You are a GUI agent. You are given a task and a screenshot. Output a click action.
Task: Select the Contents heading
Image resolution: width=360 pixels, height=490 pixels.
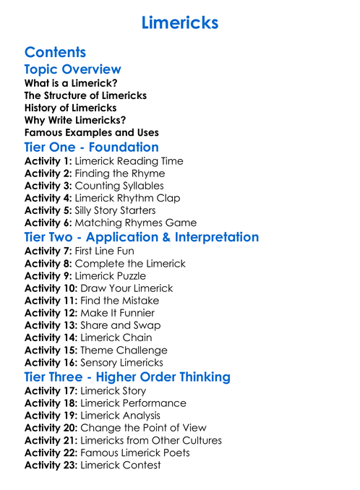pyautogui.click(x=55, y=52)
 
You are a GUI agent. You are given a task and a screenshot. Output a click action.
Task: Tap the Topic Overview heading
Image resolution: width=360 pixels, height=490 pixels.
pyautogui.click(x=72, y=69)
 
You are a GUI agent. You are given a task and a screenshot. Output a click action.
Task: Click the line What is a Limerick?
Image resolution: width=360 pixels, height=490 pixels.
pyautogui.click(x=72, y=83)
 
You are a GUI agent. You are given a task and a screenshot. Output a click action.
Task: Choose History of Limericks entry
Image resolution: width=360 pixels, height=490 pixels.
pyautogui.click(x=70, y=108)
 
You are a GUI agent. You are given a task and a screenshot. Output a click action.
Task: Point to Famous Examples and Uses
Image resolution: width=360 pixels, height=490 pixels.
pyautogui.click(x=91, y=132)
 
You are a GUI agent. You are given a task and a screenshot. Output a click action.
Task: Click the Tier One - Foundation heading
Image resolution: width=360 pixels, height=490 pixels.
pyautogui.click(x=91, y=147)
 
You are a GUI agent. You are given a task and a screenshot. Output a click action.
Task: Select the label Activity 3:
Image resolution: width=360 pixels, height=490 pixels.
pyautogui.click(x=48, y=186)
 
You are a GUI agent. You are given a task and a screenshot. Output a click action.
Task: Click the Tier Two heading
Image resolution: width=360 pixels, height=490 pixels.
pyautogui.click(x=141, y=237)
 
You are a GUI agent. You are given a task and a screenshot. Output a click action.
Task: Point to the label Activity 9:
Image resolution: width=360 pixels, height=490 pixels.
pyautogui.click(x=48, y=276)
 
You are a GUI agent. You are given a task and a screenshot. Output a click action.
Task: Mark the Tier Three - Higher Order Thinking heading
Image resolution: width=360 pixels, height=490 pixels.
pyautogui.click(x=127, y=377)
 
